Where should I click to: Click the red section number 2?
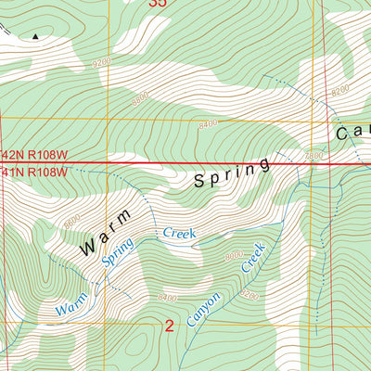pos(170,326)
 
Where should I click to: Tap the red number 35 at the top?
pos(159,4)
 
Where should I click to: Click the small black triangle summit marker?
pos(37,36)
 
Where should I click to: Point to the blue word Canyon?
pos(203,312)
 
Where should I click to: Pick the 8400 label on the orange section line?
pos(212,121)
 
